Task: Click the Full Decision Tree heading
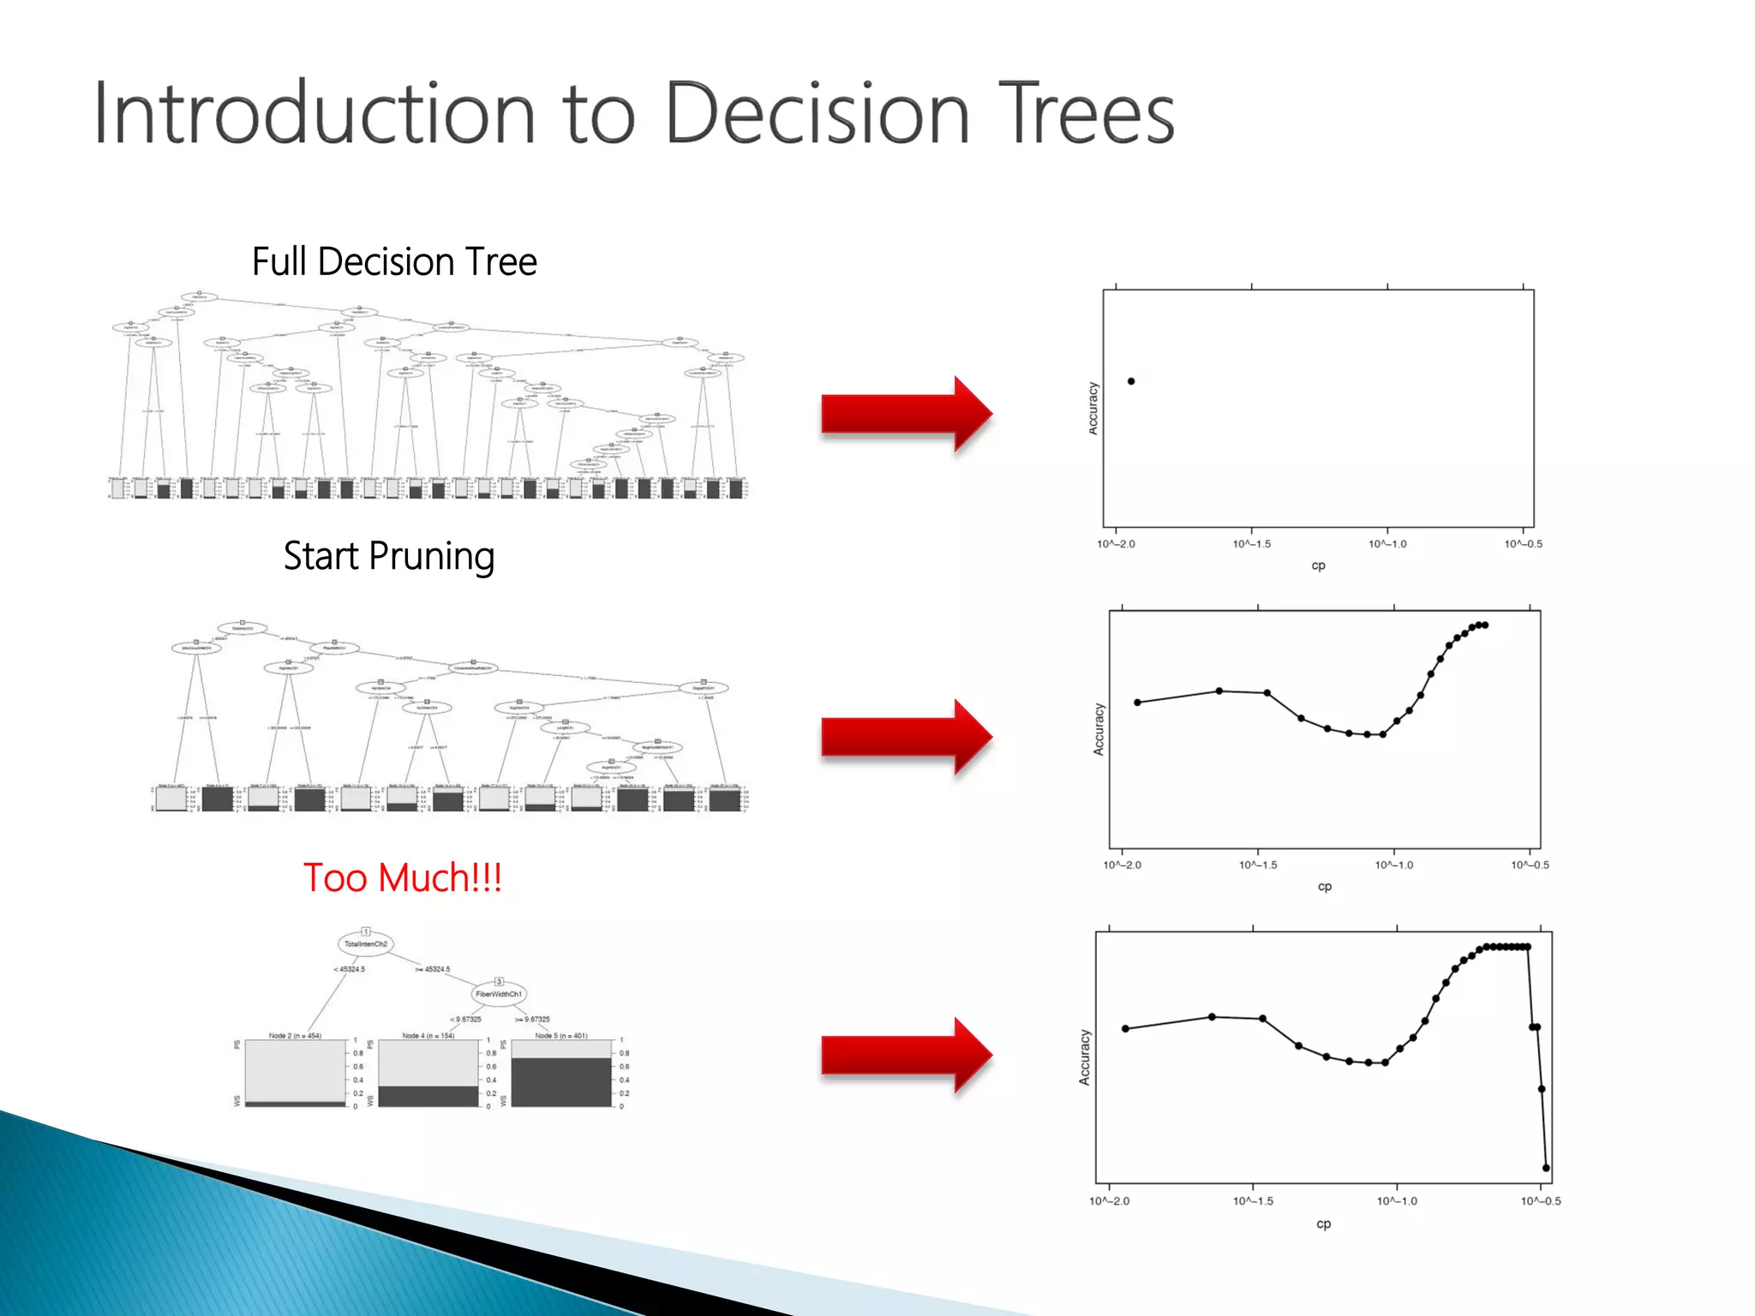[x=394, y=261]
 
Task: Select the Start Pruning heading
[x=389, y=556]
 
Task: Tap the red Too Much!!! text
[x=403, y=877]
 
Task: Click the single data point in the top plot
[x=1131, y=381]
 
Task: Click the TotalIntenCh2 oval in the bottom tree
[x=366, y=944]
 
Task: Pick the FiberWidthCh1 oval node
[x=499, y=994]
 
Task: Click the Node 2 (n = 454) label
[x=295, y=1036]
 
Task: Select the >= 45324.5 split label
[x=433, y=969]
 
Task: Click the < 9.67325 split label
[x=465, y=1019]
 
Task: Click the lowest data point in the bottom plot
[x=1546, y=1168]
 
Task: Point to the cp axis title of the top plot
[x=1318, y=565]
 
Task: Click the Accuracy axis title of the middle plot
[x=1099, y=729]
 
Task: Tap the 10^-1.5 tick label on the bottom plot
[x=1253, y=1201]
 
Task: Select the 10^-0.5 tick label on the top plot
[x=1523, y=544]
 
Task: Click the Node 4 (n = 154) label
[x=428, y=1036]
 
